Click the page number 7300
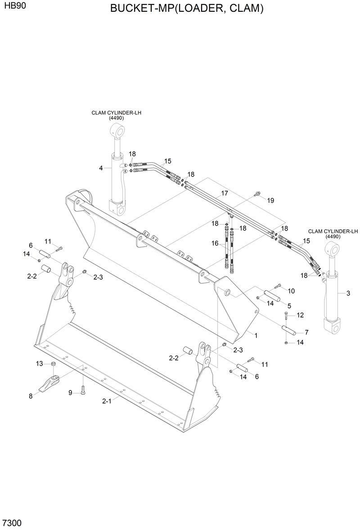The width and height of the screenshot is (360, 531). click(12, 523)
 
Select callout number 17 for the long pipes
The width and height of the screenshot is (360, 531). click(224, 193)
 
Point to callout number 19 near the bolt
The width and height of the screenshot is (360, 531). click(270, 200)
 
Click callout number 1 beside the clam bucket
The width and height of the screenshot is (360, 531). click(256, 336)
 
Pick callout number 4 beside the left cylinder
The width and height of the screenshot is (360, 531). click(101, 168)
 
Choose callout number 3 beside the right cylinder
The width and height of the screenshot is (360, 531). click(348, 294)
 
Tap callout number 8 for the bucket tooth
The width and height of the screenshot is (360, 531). click(31, 396)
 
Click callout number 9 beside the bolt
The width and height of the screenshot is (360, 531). click(70, 393)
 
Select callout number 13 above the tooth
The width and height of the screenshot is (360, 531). click(40, 363)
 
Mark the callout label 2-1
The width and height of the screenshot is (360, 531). click(107, 401)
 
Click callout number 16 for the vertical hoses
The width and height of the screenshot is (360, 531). click(215, 243)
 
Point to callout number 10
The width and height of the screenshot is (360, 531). click(291, 290)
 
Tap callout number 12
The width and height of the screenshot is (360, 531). click(300, 315)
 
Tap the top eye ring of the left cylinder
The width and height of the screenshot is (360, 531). click(116, 132)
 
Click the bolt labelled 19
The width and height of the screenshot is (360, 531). click(257, 194)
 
